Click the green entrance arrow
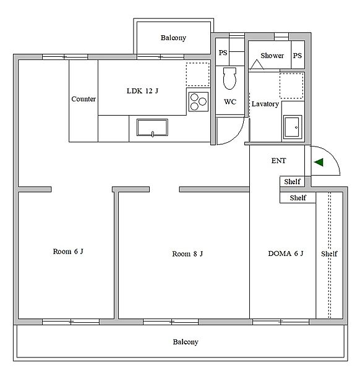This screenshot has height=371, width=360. (319, 162)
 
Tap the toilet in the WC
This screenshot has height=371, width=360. (230, 79)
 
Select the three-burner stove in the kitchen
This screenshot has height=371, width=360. (199, 102)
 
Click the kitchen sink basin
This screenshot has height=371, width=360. (152, 127)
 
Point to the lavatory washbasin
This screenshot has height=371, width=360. (293, 127)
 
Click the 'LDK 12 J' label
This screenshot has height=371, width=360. (142, 91)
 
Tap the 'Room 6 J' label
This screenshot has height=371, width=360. (68, 251)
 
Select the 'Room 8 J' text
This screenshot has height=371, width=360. (187, 254)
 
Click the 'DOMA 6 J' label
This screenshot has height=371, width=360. (286, 254)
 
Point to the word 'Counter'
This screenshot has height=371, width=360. (84, 99)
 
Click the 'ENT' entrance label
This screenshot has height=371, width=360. (278, 161)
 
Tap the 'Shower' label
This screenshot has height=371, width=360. (272, 56)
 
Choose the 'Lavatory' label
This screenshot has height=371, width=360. (265, 104)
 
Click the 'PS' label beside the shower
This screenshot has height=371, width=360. (298, 56)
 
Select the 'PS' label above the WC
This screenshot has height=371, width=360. (223, 53)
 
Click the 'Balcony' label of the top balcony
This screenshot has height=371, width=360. (173, 38)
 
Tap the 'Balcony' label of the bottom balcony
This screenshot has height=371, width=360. (186, 342)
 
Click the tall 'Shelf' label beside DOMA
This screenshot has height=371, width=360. (329, 254)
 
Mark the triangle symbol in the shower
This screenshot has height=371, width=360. (257, 64)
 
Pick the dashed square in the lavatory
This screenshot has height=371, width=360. (291, 86)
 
